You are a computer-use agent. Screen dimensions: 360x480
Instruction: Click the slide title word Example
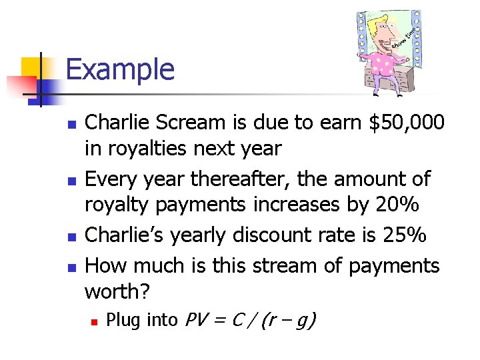coord(120,69)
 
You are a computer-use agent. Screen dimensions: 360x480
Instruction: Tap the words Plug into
coord(141,321)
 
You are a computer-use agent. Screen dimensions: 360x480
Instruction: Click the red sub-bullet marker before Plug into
coord(95,321)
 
